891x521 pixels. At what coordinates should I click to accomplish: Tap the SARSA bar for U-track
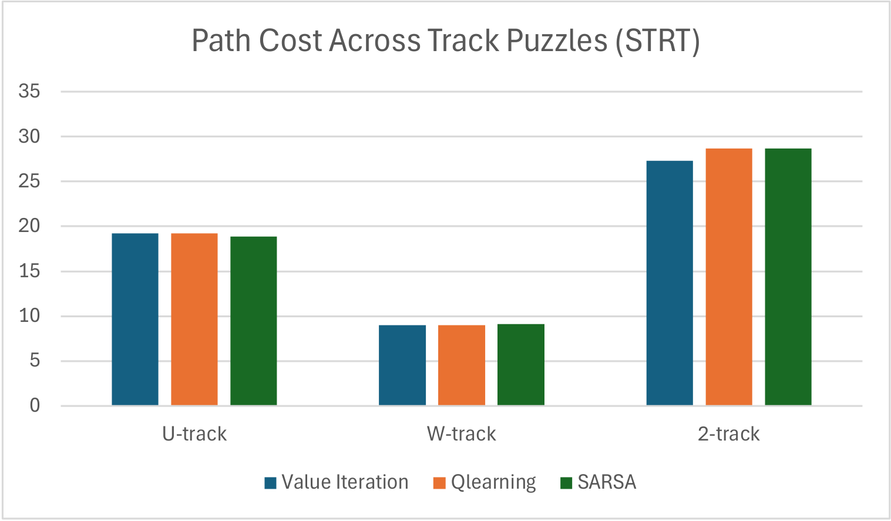coord(253,321)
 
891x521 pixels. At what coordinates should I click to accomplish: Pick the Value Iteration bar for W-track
coord(402,365)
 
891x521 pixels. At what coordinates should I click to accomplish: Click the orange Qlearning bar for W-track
coord(462,365)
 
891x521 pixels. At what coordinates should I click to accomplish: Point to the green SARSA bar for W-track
coord(521,364)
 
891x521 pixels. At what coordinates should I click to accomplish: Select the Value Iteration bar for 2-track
coord(670,283)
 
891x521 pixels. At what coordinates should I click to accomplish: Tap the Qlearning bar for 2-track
coord(729,277)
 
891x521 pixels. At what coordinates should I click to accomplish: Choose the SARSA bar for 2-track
coord(788,277)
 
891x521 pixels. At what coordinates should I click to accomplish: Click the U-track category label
coord(194,434)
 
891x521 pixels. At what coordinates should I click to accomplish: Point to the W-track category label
coord(462,434)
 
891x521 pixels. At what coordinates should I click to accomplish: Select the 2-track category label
coord(729,434)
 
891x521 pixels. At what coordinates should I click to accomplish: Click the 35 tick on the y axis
coord(29,91)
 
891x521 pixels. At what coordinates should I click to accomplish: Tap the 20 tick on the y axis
coord(29,226)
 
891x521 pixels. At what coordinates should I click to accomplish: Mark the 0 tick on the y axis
coord(35,405)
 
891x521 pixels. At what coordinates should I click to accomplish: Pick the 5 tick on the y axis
coord(35,360)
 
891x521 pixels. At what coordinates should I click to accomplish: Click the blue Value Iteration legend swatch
coord(270,483)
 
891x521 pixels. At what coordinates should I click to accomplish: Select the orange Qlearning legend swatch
coord(439,483)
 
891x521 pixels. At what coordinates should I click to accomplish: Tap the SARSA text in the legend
coord(607,482)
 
